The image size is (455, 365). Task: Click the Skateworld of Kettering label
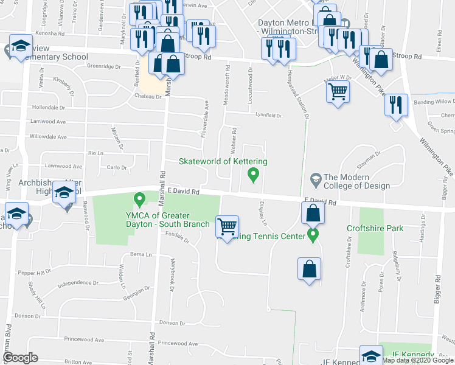pyautogui.click(x=223, y=161)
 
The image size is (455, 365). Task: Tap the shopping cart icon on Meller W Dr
pyautogui.click(x=338, y=92)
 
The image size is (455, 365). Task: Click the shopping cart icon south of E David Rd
pyautogui.click(x=227, y=226)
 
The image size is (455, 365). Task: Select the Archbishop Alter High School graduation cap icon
pyautogui.click(x=64, y=193)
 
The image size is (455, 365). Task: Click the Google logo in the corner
pyautogui.click(x=21, y=357)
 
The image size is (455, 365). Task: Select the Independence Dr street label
pyautogui.click(x=77, y=283)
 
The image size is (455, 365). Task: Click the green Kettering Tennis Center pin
pyautogui.click(x=313, y=234)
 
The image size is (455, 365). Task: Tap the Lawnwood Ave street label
pyautogui.click(x=63, y=165)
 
